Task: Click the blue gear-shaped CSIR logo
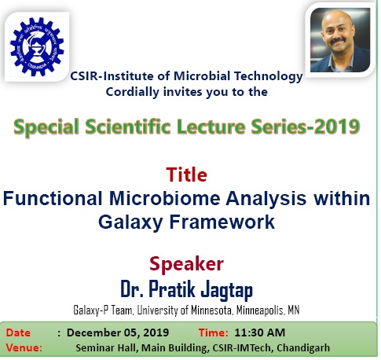[37, 46]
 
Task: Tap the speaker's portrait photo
[340, 40]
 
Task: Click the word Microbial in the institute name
[202, 76]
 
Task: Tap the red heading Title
[186, 174]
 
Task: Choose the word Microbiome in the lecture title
[165, 198]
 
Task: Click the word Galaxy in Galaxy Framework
[130, 222]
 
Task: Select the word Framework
[222, 222]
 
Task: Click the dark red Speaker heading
[186, 264]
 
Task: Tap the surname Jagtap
[227, 290]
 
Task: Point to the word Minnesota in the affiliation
[211, 310]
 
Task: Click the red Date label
[18, 332]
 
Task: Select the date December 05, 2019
[118, 332]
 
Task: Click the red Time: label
[214, 332]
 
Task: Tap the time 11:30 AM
[260, 332]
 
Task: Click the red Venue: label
[24, 348]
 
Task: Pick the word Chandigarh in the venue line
[303, 348]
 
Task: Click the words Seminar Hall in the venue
[106, 348]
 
